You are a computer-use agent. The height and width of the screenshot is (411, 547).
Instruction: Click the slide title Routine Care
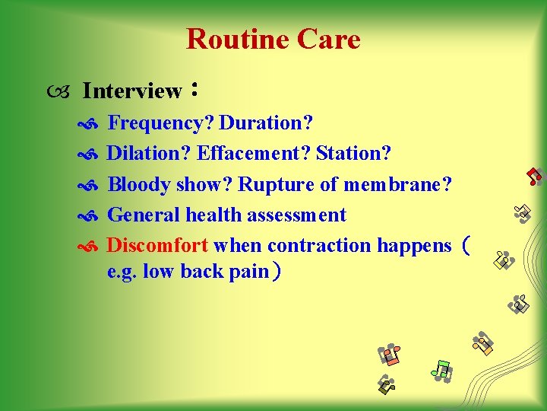(x=273, y=39)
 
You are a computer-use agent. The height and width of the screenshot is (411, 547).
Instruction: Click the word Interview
(x=132, y=91)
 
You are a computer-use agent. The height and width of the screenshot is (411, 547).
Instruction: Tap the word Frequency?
(x=161, y=123)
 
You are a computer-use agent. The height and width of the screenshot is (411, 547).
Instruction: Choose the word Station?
(x=354, y=154)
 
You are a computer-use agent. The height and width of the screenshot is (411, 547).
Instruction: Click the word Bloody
(x=139, y=185)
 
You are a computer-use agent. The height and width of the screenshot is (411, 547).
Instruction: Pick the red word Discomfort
(x=157, y=246)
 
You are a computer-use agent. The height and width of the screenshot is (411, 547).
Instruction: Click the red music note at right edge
(x=536, y=177)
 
